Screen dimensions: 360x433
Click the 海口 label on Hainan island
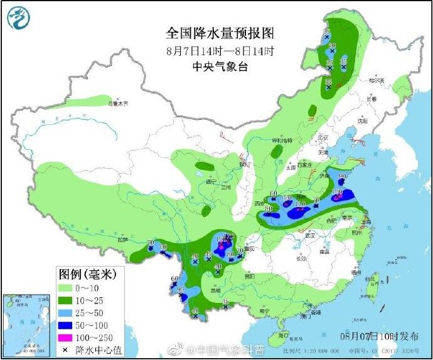pyautogui.click(x=284, y=335)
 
